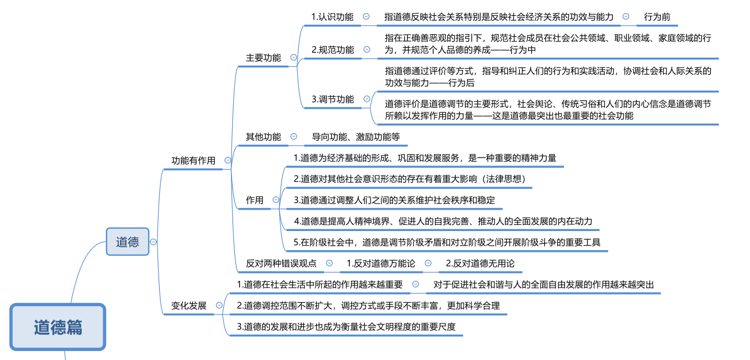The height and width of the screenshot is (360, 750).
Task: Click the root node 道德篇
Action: pos(58,327)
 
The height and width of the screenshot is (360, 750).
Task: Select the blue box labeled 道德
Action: pos(128,242)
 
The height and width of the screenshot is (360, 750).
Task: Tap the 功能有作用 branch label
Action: pos(193,160)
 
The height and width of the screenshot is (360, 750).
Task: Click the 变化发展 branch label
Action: pos(189,306)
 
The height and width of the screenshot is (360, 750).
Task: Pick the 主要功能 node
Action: pos(263,58)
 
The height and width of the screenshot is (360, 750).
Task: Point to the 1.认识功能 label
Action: pos(332,17)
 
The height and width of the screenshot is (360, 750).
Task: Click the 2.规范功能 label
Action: pos(333,49)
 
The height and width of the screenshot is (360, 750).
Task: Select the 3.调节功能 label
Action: pos(333,99)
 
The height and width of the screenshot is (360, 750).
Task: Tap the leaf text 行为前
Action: pos(657,17)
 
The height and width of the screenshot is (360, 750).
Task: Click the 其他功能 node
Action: pos(263,137)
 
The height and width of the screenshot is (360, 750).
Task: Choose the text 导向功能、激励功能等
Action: pos(356,137)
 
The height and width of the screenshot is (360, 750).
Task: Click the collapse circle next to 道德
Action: pos(154,242)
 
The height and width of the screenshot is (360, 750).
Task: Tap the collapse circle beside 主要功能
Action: pos(294,57)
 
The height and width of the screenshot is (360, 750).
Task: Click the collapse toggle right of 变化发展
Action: pos(219,306)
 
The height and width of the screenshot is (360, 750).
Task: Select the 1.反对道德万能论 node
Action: pos(381,263)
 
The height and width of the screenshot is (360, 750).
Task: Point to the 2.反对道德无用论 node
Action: pos(480,263)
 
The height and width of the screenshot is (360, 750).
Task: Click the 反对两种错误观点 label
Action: pos(281,263)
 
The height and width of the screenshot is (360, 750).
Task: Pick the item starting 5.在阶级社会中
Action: pos(447,242)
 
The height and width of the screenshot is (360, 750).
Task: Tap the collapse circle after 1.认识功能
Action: pos(366,17)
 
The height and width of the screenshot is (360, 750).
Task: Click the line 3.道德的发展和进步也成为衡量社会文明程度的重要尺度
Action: pos(346,326)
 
